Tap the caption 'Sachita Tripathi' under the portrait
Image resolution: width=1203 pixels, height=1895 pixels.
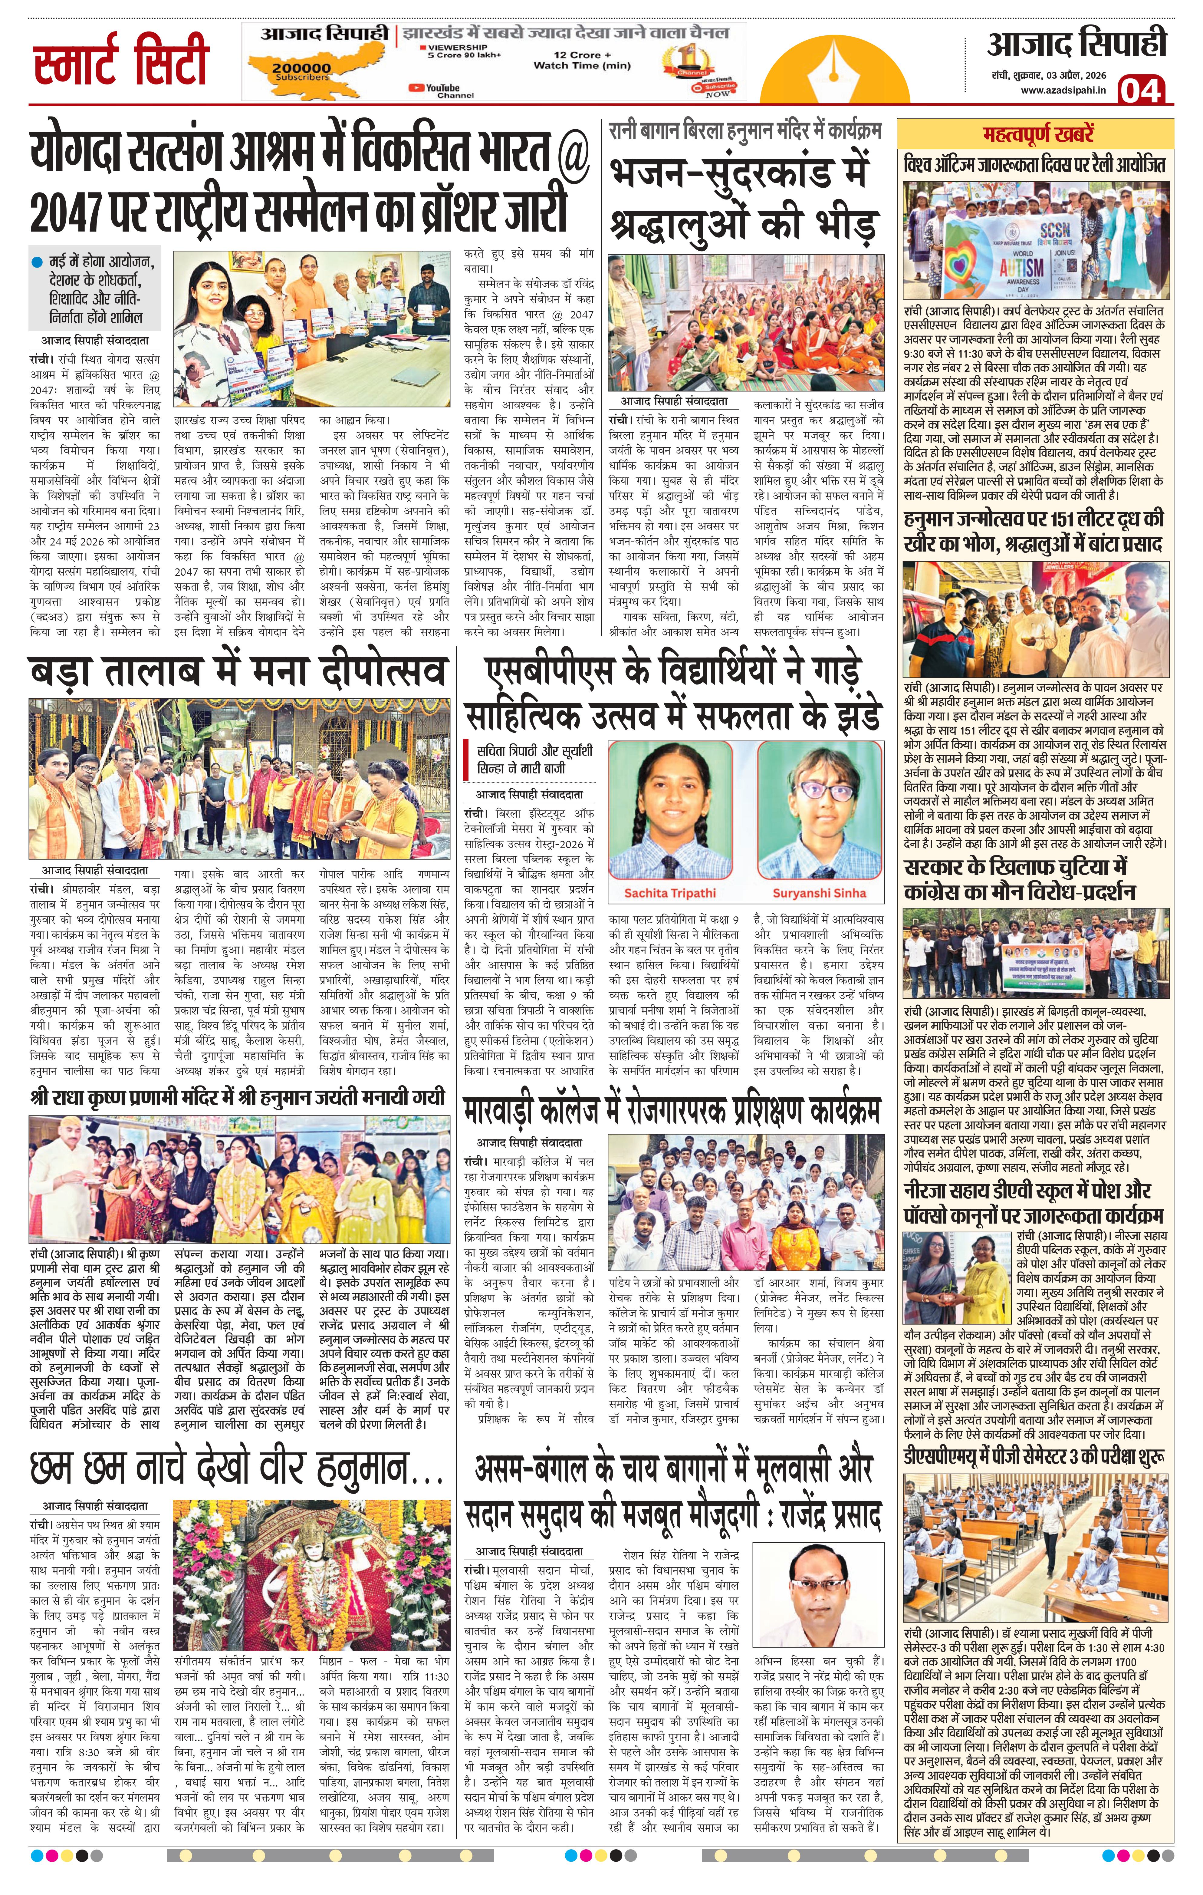pos(669,892)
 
